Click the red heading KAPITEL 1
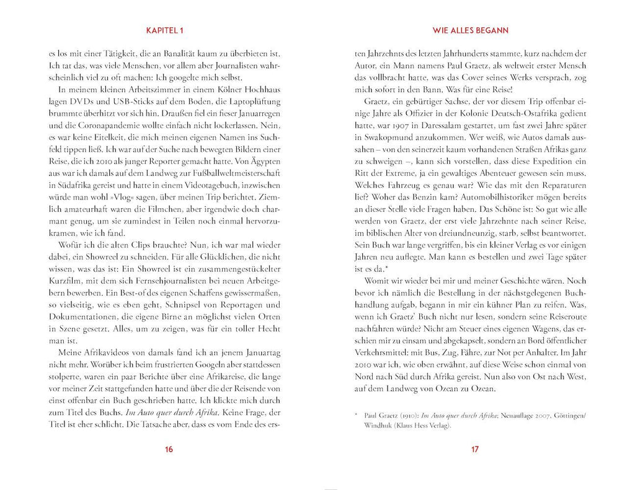click(x=166, y=30)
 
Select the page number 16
click(x=166, y=450)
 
